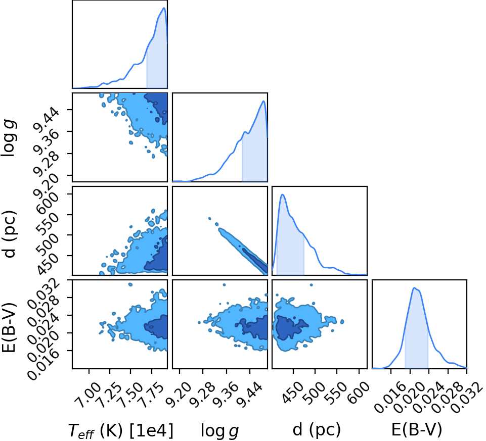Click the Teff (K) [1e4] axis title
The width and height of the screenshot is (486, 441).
pyautogui.click(x=120, y=431)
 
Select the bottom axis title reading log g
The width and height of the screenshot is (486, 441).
pyautogui.click(x=220, y=431)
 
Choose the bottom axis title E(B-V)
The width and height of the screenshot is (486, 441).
pyautogui.click(x=417, y=429)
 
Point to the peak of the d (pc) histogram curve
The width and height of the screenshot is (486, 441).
pyautogui.click(x=282, y=194)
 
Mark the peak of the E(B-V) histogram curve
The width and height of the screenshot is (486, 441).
pyautogui.click(x=414, y=288)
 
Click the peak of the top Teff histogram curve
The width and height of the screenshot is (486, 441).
pyautogui.click(x=164, y=8)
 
